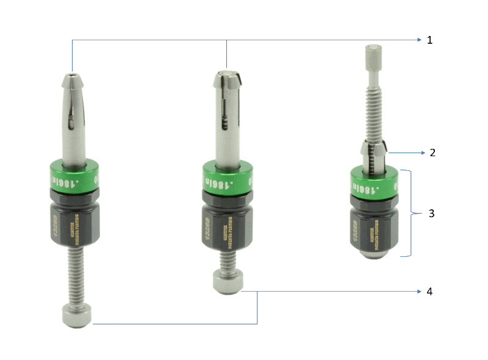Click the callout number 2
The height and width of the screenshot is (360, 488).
(x=432, y=153)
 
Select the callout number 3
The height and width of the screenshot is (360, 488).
(x=431, y=214)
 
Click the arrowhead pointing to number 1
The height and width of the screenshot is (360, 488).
(x=420, y=40)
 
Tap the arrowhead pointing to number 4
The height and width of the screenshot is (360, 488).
(x=420, y=292)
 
